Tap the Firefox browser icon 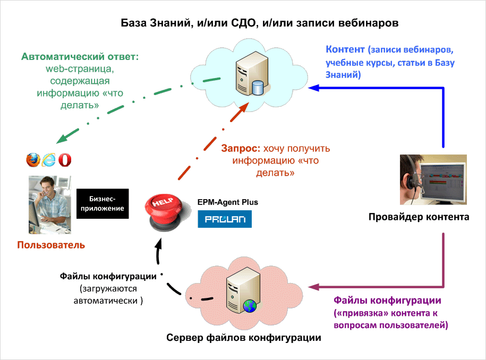point(33,160)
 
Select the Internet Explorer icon point(49,160)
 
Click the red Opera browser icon point(65,160)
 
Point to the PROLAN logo point(225,219)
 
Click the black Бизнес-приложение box point(103,203)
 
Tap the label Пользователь point(51,245)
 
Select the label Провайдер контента point(419,217)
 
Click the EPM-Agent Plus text point(228,202)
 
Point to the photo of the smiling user point(50,205)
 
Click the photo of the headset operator point(433,179)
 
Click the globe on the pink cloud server point(250,306)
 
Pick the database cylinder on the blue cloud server point(258,88)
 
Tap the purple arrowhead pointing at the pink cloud point(314,287)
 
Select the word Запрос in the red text point(241,149)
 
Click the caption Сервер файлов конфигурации point(244,337)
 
